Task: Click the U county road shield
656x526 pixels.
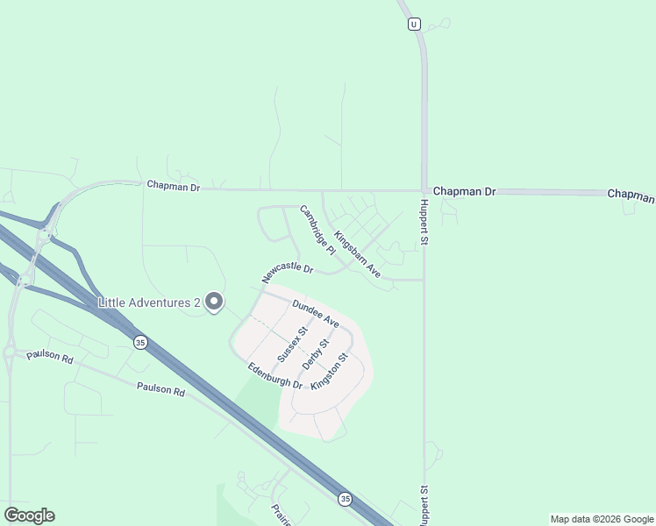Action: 412,25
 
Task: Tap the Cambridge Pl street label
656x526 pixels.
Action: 317,230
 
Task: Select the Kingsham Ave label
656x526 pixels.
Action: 357,254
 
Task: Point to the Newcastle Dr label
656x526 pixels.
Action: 287,272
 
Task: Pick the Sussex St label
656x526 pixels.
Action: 292,345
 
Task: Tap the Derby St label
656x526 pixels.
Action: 314,353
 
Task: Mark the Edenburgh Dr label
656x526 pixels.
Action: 275,376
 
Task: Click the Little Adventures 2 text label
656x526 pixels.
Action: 149,303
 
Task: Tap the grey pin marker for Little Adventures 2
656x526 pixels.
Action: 213,302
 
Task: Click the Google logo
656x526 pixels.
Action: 29,515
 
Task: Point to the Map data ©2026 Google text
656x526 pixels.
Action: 602,519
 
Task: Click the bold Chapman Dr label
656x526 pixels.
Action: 464,191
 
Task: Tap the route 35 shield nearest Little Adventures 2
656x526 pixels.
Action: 139,341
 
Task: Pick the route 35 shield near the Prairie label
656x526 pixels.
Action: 345,498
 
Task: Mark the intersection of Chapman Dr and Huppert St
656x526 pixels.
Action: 424,190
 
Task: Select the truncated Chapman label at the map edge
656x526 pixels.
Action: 631,194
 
